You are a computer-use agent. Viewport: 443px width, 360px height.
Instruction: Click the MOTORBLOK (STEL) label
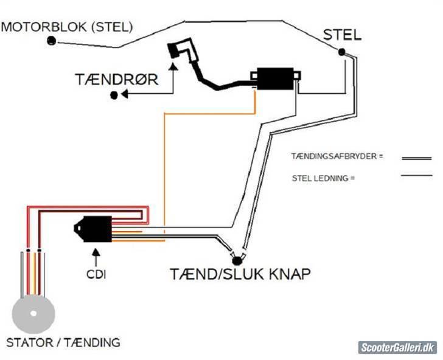coord(67,27)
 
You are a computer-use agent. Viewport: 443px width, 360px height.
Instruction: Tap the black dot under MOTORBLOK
coord(52,41)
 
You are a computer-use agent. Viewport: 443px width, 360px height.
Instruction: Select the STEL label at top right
coord(342,35)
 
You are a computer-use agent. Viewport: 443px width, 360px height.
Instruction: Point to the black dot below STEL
coord(342,52)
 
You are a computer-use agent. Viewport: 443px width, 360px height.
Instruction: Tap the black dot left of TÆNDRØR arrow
coord(113,95)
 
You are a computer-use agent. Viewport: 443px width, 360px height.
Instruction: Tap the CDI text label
coord(96,274)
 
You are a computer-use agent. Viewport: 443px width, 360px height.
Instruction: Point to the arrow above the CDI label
coord(95,255)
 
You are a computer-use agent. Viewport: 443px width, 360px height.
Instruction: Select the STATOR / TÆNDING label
coord(63,342)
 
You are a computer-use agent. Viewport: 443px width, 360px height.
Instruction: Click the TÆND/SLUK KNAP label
coord(240,274)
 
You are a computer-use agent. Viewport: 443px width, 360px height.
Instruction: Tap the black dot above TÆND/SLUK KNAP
coord(237,260)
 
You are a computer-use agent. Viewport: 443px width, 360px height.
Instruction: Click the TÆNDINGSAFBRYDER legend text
coord(338,156)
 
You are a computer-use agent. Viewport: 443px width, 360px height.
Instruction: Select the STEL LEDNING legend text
coord(323,178)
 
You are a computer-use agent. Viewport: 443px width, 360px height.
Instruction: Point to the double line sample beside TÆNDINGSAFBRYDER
coord(416,158)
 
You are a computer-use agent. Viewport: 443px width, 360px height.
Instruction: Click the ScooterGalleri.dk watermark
coord(397,347)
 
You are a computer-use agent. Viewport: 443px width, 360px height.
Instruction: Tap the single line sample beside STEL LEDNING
coord(416,177)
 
